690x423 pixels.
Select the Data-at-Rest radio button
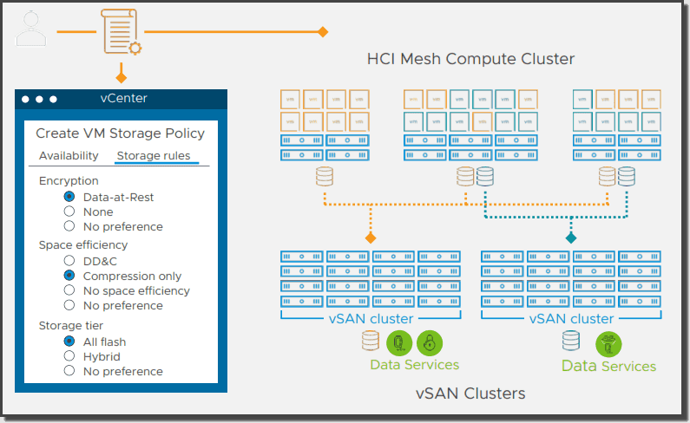[69, 197]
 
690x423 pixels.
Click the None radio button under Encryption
[69, 211]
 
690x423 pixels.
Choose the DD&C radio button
[69, 260]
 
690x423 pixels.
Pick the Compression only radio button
[69, 276]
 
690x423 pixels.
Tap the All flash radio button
[69, 341]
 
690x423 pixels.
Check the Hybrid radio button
[69, 356]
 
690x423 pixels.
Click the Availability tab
[69, 156]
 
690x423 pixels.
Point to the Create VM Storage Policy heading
[120, 133]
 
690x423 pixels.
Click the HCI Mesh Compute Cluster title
[470, 59]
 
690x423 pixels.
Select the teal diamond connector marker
[571, 237]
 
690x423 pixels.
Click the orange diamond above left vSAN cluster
[371, 237]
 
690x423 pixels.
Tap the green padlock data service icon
[428, 341]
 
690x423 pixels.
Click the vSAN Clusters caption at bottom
[470, 394]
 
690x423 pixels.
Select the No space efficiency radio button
[69, 290]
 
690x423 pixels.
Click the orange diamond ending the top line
[323, 32]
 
